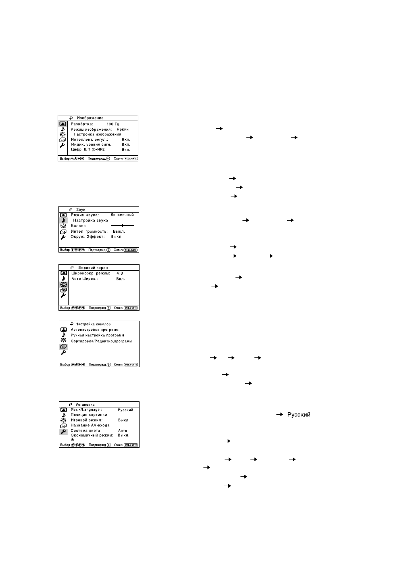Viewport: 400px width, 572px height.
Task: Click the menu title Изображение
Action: pos(90,118)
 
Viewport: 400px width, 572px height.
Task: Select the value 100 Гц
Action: pos(113,124)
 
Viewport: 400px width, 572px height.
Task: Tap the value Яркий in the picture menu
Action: pos(123,129)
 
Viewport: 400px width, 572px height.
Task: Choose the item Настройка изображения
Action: pos(97,134)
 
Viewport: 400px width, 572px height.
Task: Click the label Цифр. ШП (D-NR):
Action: pos(88,150)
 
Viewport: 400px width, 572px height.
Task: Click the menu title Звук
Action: pos(81,210)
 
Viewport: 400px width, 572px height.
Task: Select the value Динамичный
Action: pos(122,215)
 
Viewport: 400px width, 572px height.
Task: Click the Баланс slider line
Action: pos(122,225)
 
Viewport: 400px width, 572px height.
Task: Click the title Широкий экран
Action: pos(92,268)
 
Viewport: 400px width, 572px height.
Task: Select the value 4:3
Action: pos(119,273)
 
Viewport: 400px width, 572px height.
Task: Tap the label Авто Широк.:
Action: pos(84,279)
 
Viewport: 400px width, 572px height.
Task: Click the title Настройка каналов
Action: pos(93,324)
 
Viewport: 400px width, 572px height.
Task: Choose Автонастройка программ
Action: pos(95,330)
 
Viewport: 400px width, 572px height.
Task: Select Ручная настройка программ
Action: pos(97,335)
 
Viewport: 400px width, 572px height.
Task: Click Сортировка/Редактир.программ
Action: pos(101,341)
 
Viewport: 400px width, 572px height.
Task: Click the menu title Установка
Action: pos(85,404)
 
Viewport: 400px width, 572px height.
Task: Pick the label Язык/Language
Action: pos(86,410)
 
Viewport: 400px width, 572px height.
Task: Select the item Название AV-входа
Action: pos(90,425)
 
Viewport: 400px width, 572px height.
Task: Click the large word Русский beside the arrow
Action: pos(298,415)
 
